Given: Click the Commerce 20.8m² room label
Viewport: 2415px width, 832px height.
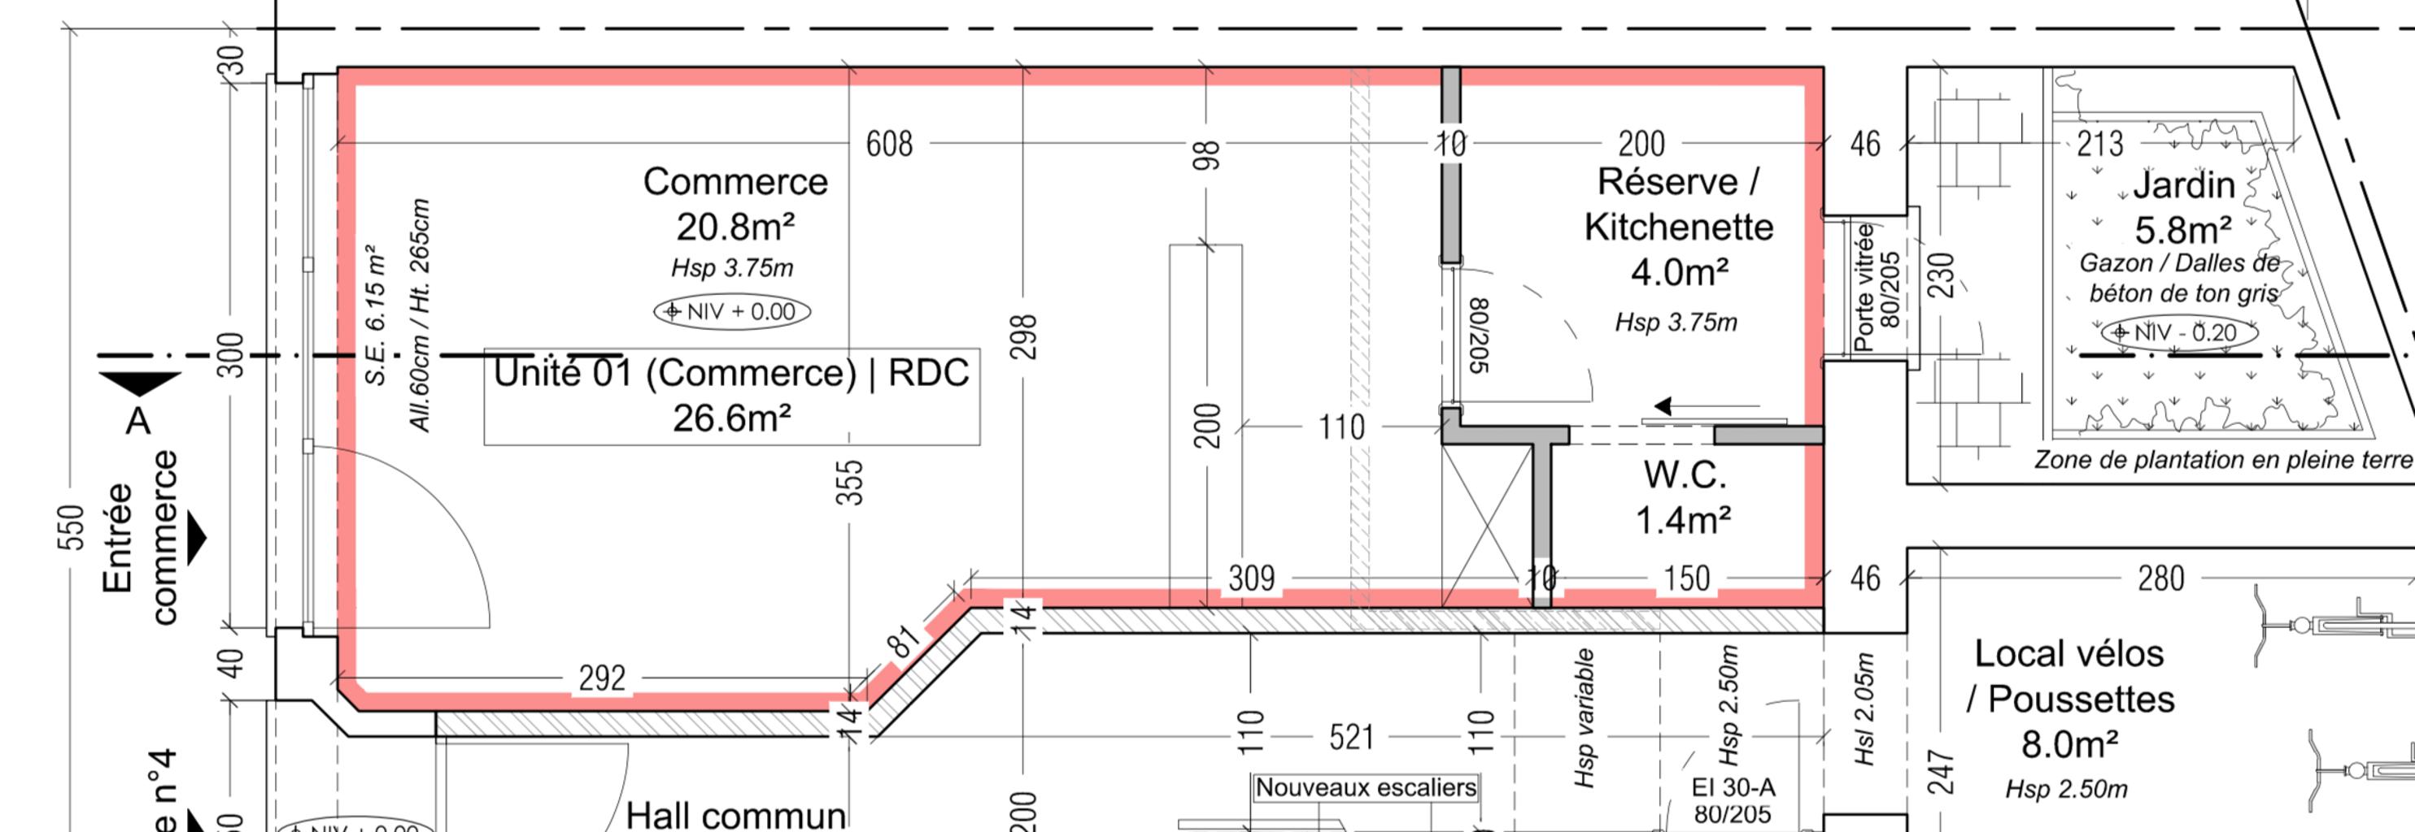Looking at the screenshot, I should point(735,204).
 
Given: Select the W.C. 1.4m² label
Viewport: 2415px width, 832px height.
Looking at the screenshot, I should point(1684,497).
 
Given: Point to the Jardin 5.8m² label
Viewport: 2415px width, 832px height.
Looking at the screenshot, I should point(2183,207).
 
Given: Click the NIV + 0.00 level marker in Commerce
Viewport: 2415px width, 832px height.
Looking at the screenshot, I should point(732,312).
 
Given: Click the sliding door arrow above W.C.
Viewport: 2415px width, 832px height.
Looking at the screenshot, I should point(1664,406).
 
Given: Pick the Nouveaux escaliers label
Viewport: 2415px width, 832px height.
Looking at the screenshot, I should point(1366,788).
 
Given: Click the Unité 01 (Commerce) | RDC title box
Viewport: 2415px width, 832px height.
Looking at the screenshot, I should point(731,396).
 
